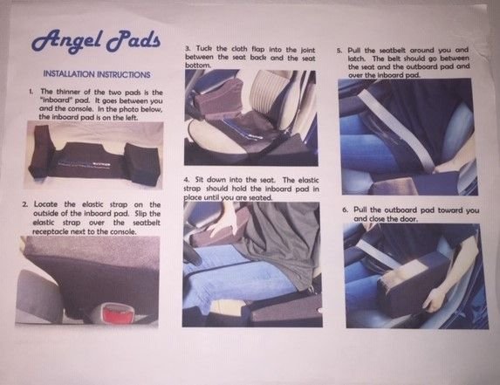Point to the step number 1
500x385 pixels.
[31, 91]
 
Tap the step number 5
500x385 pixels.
[340, 51]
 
